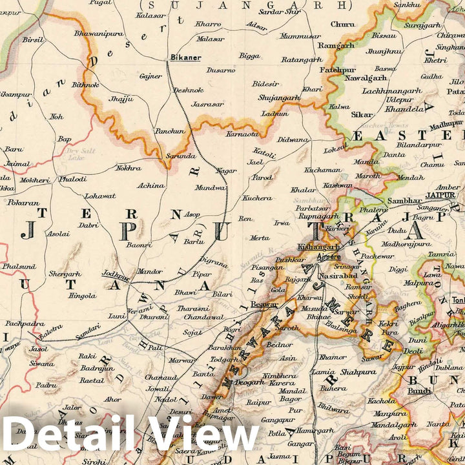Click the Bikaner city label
(185, 57)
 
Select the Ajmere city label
(329, 257)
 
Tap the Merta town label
(260, 238)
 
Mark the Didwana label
(293, 139)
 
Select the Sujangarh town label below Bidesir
(280, 98)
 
